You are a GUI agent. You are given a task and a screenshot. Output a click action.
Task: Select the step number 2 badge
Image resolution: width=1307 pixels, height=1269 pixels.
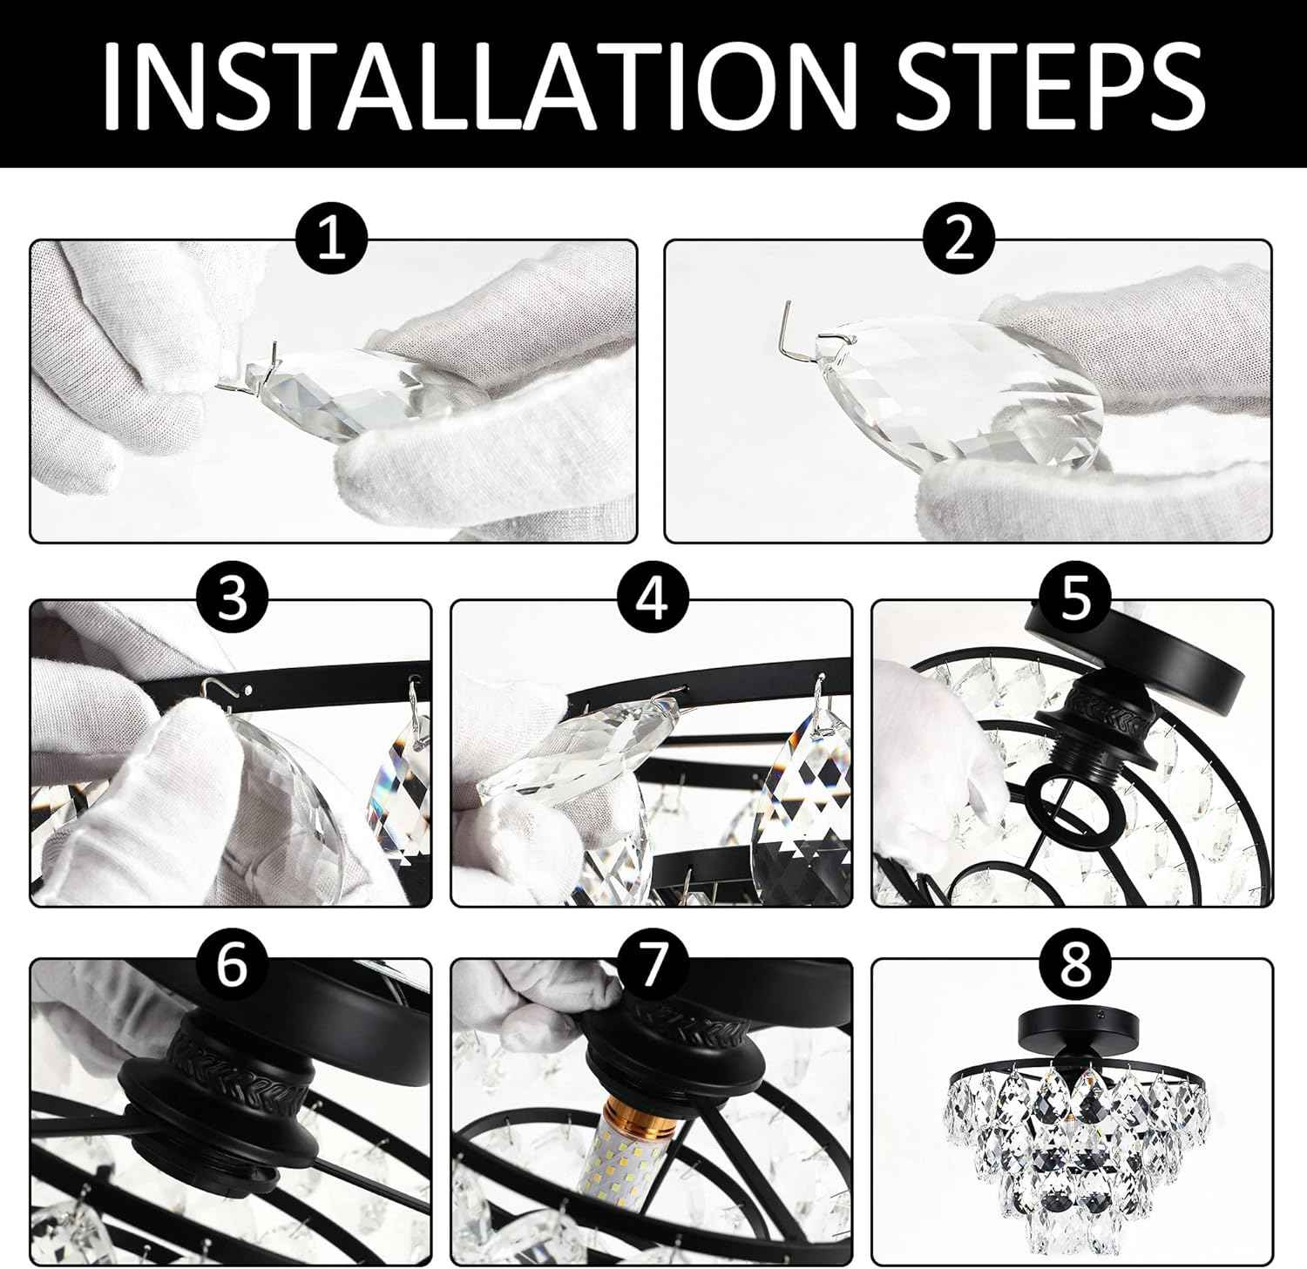pyautogui.click(x=958, y=238)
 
